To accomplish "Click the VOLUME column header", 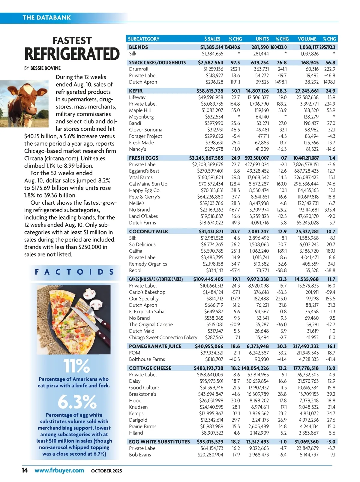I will coord(307,39).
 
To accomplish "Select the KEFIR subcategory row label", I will coord(136,91).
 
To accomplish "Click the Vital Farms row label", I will coord(141,177).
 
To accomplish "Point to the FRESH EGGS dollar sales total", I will coord(206,158).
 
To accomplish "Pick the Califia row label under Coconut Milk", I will coord(136,251).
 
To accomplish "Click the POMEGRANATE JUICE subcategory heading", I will coord(155,346).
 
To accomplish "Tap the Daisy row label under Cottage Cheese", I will coord(135,381).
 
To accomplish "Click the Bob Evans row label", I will coord(140,455).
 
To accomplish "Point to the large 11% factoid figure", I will coord(76,366).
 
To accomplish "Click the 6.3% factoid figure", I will coord(77,402).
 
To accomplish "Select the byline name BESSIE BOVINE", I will coord(45,68).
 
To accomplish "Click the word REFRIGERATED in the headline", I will coord(72,54).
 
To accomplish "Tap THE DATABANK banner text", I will coord(46,17).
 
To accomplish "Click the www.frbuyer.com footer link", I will coord(59,470).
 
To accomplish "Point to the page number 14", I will coord(25,470).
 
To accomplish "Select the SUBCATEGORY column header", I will coord(143,39).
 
